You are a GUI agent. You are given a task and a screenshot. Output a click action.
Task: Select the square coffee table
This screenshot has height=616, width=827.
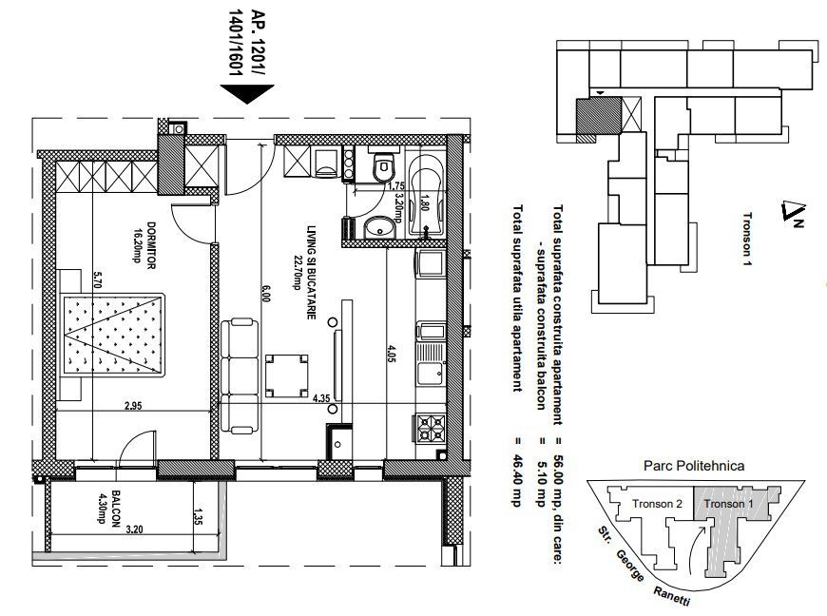288,375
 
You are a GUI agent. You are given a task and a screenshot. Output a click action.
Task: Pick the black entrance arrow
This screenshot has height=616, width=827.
246,93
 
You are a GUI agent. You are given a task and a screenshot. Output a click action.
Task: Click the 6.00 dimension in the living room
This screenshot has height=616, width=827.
265,295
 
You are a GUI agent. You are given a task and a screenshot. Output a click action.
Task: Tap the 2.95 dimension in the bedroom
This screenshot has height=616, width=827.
132,407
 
